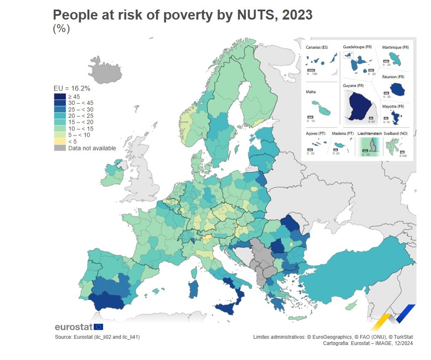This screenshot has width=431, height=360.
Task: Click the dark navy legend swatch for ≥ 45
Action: pyautogui.click(x=60, y=96)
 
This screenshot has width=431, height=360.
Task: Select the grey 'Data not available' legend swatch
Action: pyautogui.click(x=60, y=148)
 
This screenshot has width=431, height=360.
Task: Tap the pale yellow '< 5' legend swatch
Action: pyautogui.click(x=60, y=141)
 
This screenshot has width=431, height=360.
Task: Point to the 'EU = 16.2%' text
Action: pyautogui.click(x=72, y=88)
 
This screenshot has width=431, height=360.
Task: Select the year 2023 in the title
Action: pyautogui.click(x=297, y=15)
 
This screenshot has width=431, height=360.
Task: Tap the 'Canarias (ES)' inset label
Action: pyautogui.click(x=317, y=47)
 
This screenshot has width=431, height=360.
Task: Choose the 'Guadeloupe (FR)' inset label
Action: pyautogui.click(x=357, y=47)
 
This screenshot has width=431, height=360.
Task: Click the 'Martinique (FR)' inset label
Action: pyautogui.click(x=395, y=47)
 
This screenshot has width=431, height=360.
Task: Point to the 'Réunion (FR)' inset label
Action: pyautogui.click(x=393, y=77)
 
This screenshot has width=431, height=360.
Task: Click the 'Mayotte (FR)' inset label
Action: pyautogui.click(x=393, y=106)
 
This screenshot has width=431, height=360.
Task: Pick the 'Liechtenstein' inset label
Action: pyautogui.click(x=369, y=133)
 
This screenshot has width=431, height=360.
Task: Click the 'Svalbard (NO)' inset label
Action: pyautogui.click(x=396, y=133)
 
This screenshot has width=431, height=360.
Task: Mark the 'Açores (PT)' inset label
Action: pyautogui.click(x=316, y=133)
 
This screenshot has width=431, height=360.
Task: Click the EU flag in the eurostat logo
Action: pyautogui.click(x=99, y=327)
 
